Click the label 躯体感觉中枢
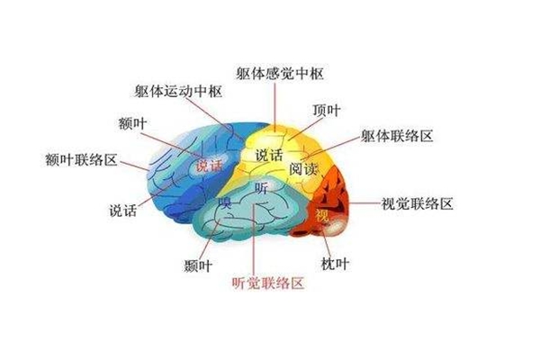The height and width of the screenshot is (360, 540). pos(280,74)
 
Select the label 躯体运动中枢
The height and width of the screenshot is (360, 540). pos(178,91)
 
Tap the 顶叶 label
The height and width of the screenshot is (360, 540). pos(327,110)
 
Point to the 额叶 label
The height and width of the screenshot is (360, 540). pos(133,123)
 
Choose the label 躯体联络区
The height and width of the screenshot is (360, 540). pos(397,136)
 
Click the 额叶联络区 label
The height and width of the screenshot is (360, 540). pos(82,160)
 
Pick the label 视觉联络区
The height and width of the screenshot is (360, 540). pos(417,203)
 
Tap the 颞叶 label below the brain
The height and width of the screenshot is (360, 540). pos(198,265)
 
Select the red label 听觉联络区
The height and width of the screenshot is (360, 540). pos(268,283)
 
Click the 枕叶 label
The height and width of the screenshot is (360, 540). pos(335,264)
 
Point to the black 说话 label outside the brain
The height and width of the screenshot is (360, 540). pos(123,210)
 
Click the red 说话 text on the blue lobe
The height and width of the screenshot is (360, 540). pos(210,166)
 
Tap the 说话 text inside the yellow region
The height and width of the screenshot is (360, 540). pos(269,155)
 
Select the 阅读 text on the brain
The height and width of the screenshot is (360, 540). pos(302,169)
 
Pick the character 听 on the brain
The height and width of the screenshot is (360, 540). pos(262,188)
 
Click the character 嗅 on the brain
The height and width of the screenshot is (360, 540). pos(225,202)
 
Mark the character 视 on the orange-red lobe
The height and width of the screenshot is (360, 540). pos(322,215)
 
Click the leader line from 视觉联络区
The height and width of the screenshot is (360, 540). pos(364,203)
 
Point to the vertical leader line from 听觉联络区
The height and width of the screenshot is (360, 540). pos(254,238)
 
